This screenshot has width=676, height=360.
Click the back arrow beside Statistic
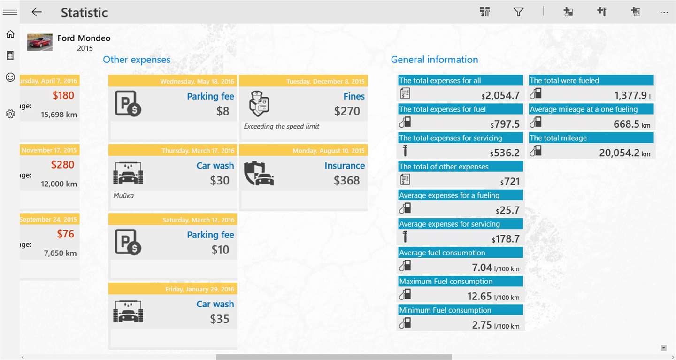(x=37, y=12)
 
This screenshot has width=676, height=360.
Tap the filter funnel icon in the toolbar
(x=518, y=12)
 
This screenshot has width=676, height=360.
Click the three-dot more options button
(x=664, y=12)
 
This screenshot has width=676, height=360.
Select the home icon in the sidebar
(x=10, y=34)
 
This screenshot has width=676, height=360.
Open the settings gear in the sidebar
(x=10, y=114)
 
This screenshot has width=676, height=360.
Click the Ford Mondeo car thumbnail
(x=40, y=42)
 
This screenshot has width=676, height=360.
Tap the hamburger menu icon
(x=10, y=12)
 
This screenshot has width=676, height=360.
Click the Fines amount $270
(x=347, y=111)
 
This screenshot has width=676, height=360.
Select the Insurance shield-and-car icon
(x=259, y=174)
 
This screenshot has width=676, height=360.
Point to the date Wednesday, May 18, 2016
(x=197, y=81)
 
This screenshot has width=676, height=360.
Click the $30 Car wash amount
(x=220, y=181)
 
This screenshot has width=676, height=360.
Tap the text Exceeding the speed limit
(x=282, y=126)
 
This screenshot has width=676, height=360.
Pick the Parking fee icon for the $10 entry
(x=128, y=242)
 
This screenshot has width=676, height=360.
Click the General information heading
(x=434, y=60)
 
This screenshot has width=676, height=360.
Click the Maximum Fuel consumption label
(x=446, y=282)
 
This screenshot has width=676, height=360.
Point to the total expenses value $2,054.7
(x=502, y=96)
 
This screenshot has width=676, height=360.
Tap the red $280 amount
(x=62, y=165)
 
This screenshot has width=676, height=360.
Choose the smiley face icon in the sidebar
(x=10, y=77)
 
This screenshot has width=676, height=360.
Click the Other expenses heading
(x=137, y=60)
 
